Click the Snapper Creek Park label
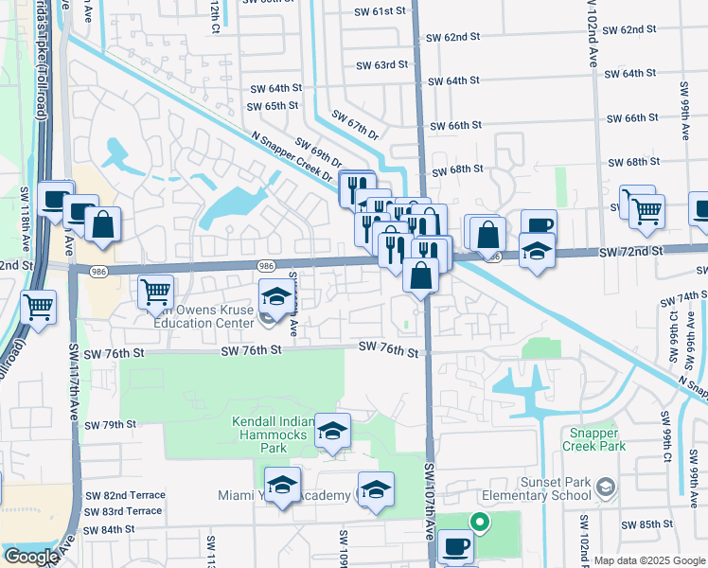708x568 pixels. click(593, 438)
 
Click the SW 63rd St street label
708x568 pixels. click(381, 65)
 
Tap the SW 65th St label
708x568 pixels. click(274, 106)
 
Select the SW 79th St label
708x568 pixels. click(112, 424)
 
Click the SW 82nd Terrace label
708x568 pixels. click(125, 495)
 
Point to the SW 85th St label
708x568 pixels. click(646, 524)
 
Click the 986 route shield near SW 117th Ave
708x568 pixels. click(98, 271)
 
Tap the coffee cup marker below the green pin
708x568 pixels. click(456, 546)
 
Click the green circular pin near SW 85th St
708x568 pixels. click(480, 520)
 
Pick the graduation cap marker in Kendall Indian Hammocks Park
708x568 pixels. click(332, 430)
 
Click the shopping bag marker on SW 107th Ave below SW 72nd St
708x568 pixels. click(420, 275)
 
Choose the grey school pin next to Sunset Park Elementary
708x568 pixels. click(606, 488)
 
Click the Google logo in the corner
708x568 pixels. click(31, 556)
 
